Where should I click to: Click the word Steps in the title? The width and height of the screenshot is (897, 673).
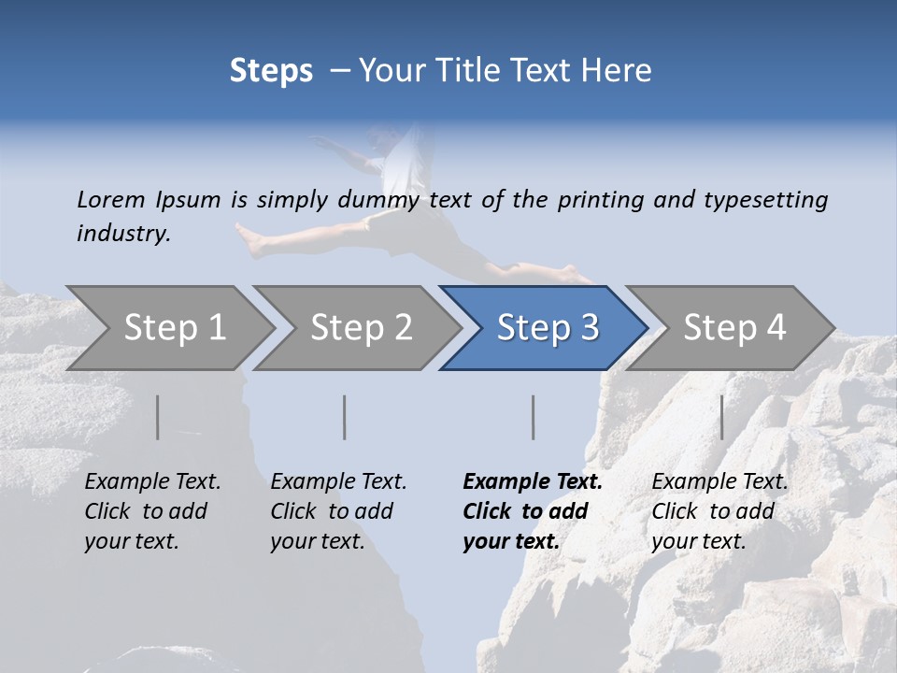click(x=271, y=70)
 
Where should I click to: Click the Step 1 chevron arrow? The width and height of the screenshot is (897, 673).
click(x=174, y=327)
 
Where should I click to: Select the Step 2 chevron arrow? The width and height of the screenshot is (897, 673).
click(x=361, y=327)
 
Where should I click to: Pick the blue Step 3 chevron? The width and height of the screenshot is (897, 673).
click(x=547, y=327)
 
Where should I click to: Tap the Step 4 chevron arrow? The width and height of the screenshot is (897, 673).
click(x=733, y=327)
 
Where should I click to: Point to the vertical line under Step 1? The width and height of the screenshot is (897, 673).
click(x=158, y=417)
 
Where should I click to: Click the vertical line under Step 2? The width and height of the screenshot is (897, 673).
click(x=345, y=417)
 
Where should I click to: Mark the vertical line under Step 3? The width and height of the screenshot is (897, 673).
click(x=533, y=417)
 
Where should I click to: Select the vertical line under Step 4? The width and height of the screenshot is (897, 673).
click(x=721, y=417)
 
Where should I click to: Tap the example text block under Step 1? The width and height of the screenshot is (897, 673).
click(x=152, y=510)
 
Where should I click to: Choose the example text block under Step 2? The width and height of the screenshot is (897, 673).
click(x=338, y=510)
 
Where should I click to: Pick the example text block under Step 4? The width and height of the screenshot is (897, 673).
click(x=719, y=510)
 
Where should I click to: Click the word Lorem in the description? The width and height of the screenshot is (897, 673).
click(x=111, y=199)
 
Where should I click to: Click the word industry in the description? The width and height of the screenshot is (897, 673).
click(x=123, y=234)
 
